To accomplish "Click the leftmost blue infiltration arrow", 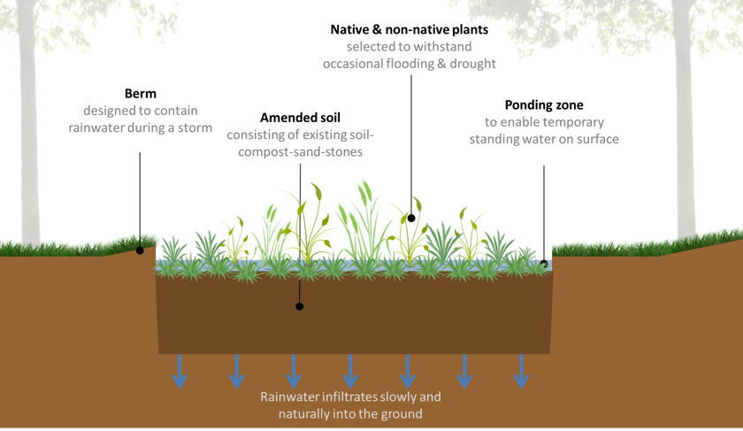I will pyautogui.click(x=180, y=371).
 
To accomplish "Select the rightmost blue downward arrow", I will pyautogui.click(x=521, y=371).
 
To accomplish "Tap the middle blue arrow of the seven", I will pyautogui.click(x=350, y=371).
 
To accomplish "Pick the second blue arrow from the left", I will pyautogui.click(x=236, y=371).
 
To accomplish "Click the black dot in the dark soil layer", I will pyautogui.click(x=299, y=306).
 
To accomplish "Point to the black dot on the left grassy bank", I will pyautogui.click(x=140, y=250).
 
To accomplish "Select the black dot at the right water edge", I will pyautogui.click(x=544, y=264).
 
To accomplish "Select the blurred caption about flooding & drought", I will pyautogui.click(x=409, y=55).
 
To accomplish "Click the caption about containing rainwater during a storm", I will pyautogui.click(x=142, y=119).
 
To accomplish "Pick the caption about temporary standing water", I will pyautogui.click(x=544, y=130).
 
